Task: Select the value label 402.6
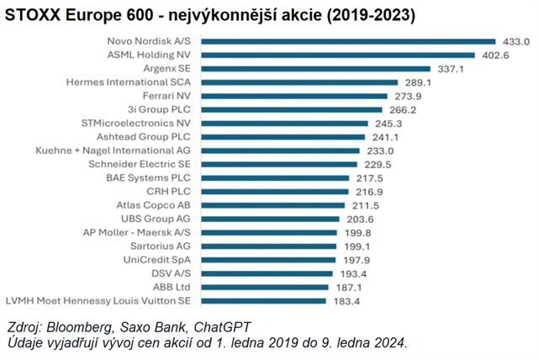(x=494, y=55)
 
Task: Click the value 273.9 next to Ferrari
(x=408, y=96)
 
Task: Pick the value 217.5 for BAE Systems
(x=370, y=178)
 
